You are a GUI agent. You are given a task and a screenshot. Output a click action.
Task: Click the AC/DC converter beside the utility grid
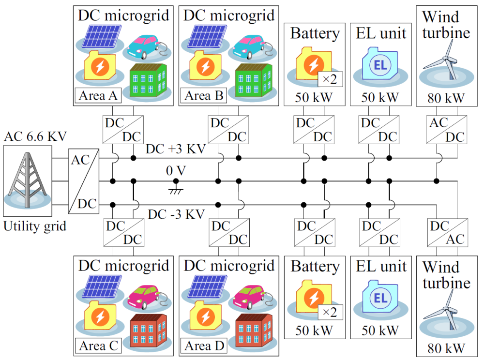point(84,180)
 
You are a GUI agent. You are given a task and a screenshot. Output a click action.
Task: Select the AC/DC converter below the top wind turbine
point(446,130)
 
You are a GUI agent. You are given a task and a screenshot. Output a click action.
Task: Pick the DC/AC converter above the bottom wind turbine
point(447,233)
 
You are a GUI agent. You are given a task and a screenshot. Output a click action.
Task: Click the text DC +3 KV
point(176,150)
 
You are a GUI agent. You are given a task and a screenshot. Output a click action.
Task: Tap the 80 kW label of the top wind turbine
point(446,98)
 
